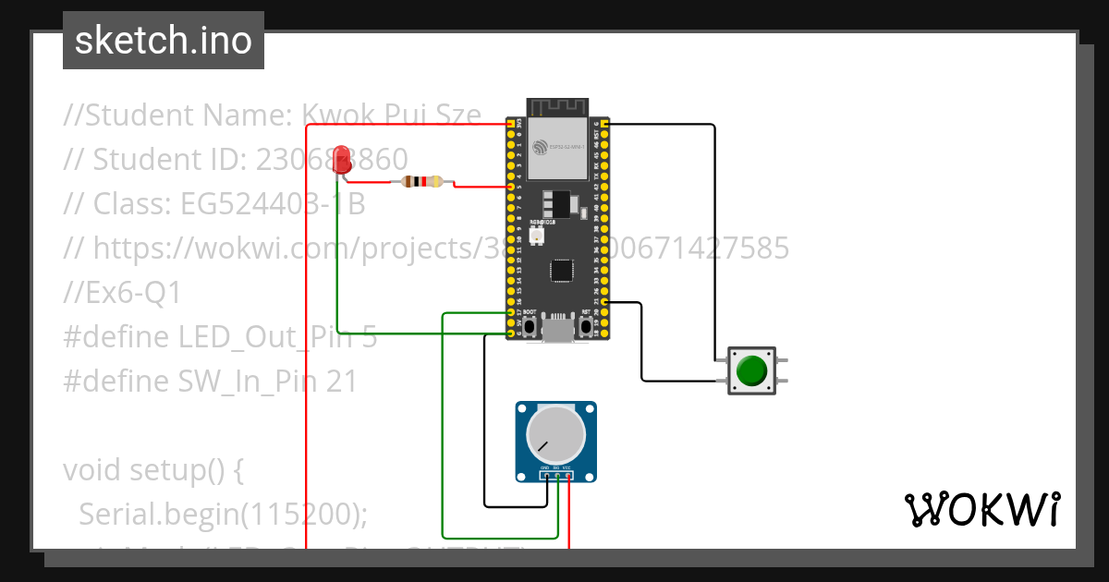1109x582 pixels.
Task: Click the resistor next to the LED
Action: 424,182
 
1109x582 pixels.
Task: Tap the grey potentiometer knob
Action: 555,435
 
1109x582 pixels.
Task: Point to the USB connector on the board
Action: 557,330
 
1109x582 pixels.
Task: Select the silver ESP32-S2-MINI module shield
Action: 557,147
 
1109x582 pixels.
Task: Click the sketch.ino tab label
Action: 164,41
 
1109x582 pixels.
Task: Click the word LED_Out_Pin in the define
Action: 267,337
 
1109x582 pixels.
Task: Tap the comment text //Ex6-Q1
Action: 123,293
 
